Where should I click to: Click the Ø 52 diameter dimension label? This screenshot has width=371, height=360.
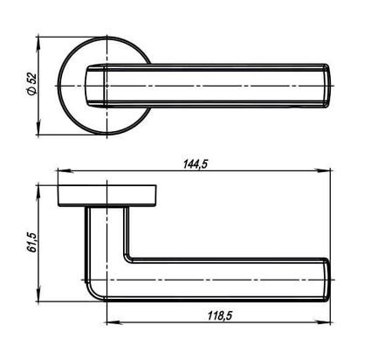(x=32, y=83)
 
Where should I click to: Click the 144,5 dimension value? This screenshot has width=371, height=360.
(x=196, y=164)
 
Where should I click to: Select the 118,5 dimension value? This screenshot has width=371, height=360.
(x=220, y=315)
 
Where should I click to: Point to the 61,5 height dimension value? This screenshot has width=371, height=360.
(x=32, y=242)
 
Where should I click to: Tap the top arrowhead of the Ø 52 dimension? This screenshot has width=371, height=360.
(x=38, y=44)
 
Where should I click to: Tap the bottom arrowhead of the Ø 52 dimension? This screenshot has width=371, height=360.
(x=38, y=128)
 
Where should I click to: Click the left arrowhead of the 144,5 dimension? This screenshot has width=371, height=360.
(x=65, y=170)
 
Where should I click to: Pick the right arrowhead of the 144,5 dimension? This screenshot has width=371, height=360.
(x=324, y=170)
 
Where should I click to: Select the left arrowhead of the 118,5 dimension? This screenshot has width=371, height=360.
(x=113, y=322)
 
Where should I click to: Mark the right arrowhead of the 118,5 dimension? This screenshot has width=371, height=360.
(x=324, y=322)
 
